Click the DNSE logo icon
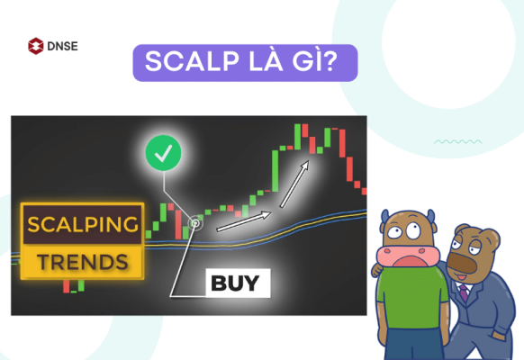coord(37,44)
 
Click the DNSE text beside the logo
coord(61,44)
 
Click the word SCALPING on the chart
coord(81,224)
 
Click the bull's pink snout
coord(400,254)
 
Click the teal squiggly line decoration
coord(450,141)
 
